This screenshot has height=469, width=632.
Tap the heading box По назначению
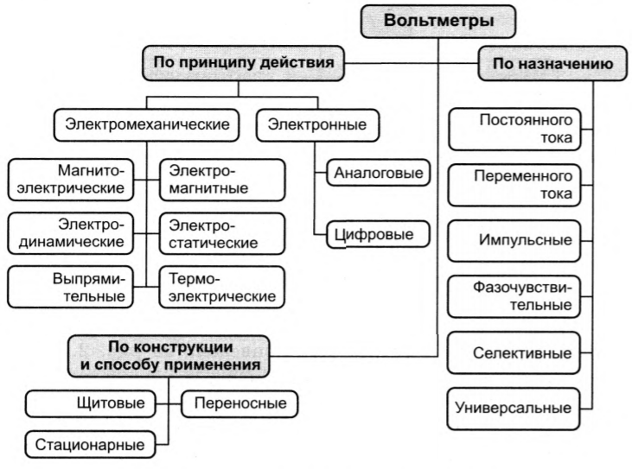(552, 64)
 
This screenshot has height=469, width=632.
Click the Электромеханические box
(147, 126)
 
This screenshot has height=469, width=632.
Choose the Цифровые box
(379, 233)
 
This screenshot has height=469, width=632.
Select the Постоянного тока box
(515, 128)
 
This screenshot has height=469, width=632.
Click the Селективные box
(515, 353)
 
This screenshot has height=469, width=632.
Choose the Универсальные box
(515, 408)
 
